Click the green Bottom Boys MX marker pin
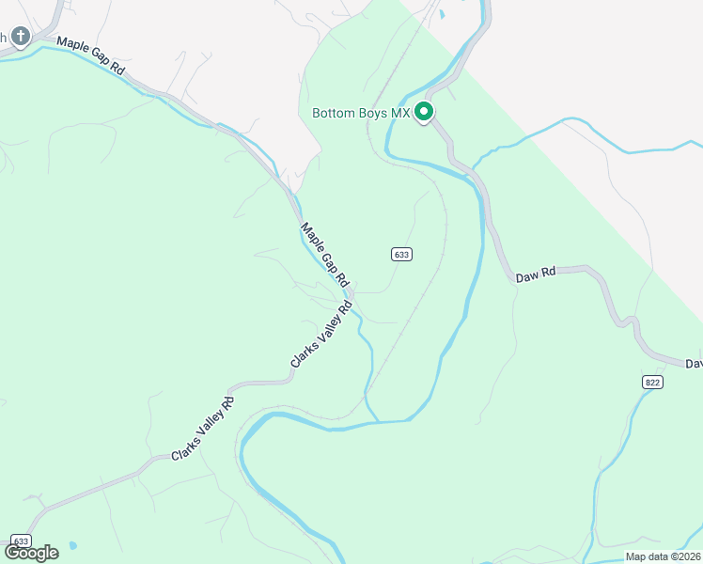(424, 113)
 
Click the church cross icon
(21, 37)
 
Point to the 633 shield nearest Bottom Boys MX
(401, 254)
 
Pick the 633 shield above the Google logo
(21, 541)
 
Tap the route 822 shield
(653, 382)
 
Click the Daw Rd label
(536, 275)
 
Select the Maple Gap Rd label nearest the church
(90, 56)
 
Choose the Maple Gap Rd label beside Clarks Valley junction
(325, 255)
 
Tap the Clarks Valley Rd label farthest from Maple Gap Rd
(202, 430)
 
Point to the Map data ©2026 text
(662, 556)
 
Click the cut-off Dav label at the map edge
(694, 363)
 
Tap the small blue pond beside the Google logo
(73, 546)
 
